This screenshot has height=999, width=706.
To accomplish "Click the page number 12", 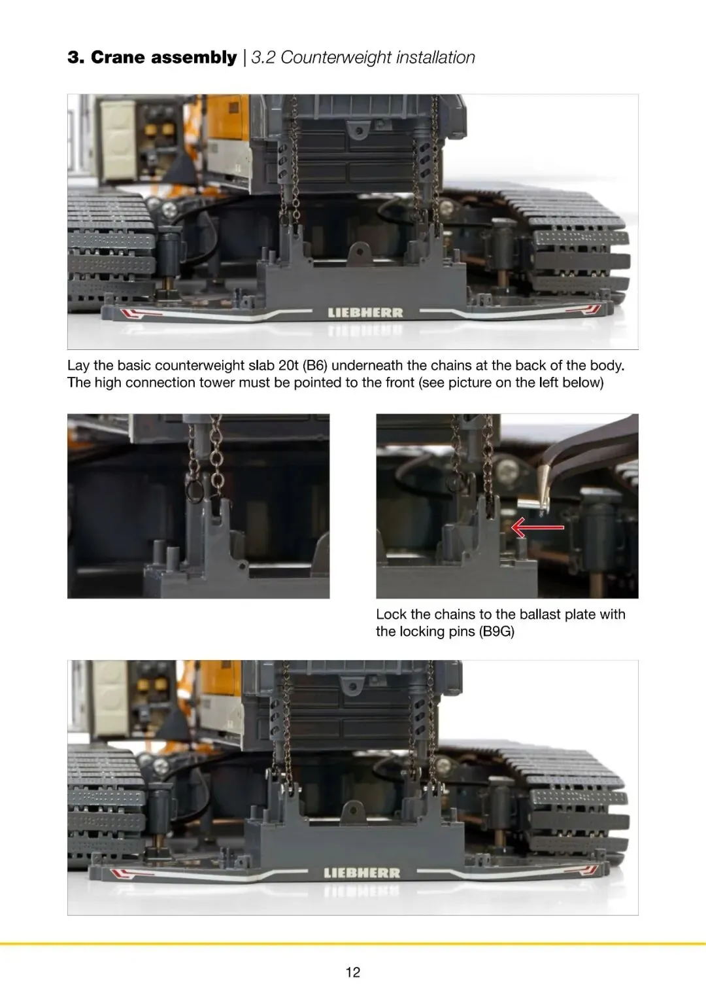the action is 352,972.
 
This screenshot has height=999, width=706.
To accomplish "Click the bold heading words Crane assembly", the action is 163,58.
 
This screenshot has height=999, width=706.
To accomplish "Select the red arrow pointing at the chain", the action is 537,527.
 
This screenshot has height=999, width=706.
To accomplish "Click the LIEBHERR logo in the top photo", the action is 365,313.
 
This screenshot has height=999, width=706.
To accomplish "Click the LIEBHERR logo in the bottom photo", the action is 362,873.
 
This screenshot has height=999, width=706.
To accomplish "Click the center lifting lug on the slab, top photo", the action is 360,253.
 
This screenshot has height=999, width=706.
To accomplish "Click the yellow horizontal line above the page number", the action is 353,943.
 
